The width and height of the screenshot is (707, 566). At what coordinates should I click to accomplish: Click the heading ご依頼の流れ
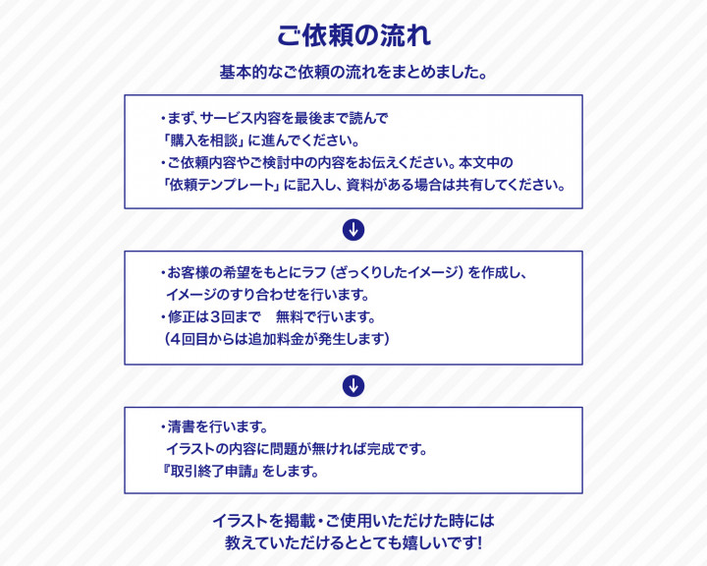[x=353, y=35]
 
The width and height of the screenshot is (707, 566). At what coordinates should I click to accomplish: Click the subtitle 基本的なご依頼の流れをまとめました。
[x=353, y=72]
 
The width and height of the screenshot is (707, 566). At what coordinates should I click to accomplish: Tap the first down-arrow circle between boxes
[x=353, y=230]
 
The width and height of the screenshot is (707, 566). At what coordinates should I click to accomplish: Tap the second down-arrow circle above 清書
[x=353, y=386]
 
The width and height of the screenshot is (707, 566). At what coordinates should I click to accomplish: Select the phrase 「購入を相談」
[x=204, y=141]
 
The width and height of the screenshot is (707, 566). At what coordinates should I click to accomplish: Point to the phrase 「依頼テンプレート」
[x=221, y=185]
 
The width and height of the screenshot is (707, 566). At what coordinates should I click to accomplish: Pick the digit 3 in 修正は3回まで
[x=215, y=316]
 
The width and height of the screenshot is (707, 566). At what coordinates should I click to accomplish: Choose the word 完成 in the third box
[x=381, y=449]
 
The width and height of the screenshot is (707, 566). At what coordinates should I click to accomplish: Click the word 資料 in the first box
[x=359, y=185]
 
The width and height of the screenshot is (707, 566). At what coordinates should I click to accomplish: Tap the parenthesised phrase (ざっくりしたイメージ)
[x=397, y=272]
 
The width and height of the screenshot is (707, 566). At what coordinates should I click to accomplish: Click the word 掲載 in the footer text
[x=299, y=521]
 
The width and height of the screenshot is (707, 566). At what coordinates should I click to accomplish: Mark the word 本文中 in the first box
[x=479, y=162]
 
